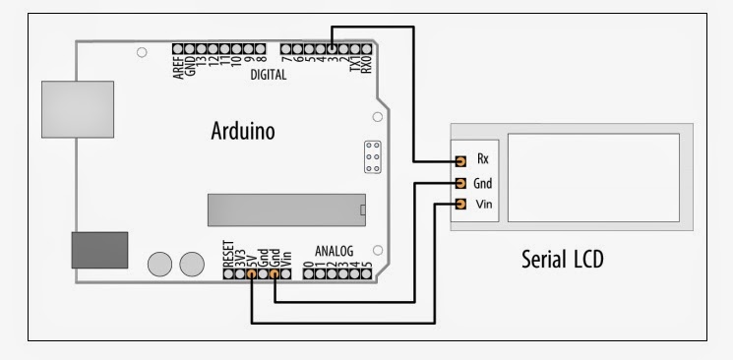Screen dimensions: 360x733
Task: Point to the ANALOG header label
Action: (x=334, y=251)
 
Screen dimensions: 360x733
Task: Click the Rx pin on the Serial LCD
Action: (x=459, y=159)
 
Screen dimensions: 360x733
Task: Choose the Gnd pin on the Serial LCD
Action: (x=459, y=183)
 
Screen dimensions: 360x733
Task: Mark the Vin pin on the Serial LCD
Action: (x=459, y=205)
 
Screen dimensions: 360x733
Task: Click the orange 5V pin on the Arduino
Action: (x=252, y=274)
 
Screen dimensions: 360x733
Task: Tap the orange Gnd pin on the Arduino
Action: (x=275, y=274)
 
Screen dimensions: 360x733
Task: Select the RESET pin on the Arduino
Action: (x=228, y=274)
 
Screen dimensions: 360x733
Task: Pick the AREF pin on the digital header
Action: (x=179, y=48)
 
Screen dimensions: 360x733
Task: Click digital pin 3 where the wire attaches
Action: (x=333, y=48)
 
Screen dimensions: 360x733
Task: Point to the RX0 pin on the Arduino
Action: (x=368, y=48)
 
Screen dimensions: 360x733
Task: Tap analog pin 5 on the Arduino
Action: (x=367, y=274)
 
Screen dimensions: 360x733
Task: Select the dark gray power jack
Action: (x=99, y=250)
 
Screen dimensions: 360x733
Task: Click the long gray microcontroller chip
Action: (x=286, y=209)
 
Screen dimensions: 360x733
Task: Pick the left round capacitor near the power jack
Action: (x=157, y=263)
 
